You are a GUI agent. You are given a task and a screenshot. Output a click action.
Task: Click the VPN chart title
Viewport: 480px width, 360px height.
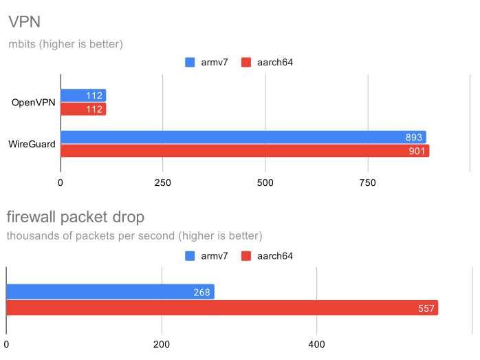[x=23, y=22]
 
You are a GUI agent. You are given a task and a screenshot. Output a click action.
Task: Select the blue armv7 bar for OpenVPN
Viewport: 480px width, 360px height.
[x=83, y=95]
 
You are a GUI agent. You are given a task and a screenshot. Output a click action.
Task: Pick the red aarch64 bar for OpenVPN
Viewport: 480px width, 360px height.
[x=83, y=109]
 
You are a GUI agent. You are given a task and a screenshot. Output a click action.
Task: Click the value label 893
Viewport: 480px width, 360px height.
[x=415, y=137]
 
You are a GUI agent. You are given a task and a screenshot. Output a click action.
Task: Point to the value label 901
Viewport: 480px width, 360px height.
[x=417, y=151]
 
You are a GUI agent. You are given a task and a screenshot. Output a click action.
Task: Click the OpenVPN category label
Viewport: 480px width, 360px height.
[x=33, y=103]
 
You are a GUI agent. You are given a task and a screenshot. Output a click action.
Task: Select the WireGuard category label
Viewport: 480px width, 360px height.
[x=32, y=144]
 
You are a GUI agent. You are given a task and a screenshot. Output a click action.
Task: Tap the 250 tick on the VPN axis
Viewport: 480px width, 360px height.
[x=162, y=183]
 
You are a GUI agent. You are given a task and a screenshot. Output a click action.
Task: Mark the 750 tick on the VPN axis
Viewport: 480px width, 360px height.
[x=368, y=183]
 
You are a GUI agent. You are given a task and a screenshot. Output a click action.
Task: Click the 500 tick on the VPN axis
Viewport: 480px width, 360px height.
[x=265, y=183]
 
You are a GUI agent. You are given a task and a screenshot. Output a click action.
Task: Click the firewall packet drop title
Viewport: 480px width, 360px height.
[x=75, y=218]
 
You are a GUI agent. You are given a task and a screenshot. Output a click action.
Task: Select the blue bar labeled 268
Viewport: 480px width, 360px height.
[x=110, y=292]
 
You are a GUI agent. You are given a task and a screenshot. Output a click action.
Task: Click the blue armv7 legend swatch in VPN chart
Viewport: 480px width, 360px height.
[x=190, y=63]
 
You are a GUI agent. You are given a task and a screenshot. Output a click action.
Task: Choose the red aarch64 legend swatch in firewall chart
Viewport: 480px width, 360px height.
[x=247, y=256]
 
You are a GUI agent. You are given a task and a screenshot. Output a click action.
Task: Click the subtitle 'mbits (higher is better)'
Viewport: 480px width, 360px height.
[x=65, y=45]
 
